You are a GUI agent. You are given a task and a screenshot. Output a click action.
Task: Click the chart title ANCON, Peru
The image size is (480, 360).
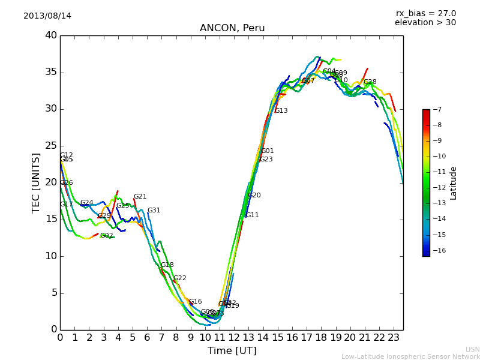pyautogui.click(x=232, y=28)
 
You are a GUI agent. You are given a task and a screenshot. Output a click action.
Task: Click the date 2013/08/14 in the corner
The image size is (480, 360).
pyautogui.click(x=47, y=16)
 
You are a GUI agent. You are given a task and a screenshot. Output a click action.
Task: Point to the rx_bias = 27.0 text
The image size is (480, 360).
pyautogui.click(x=425, y=14)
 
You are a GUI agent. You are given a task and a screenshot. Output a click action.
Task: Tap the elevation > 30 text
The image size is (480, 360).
pyautogui.click(x=425, y=23)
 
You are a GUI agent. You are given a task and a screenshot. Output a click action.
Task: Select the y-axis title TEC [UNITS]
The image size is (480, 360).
pyautogui.click(x=36, y=182)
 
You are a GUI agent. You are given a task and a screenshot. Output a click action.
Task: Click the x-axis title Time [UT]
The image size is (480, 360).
pyautogui.click(x=232, y=350)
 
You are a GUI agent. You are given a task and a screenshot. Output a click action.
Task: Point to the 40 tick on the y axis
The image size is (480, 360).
pyautogui.click(x=51, y=35)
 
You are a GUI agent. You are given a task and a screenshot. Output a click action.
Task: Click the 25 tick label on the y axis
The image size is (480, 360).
pyautogui.click(x=51, y=146)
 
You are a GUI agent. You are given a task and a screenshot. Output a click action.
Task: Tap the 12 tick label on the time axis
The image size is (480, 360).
pyautogui.click(x=234, y=337)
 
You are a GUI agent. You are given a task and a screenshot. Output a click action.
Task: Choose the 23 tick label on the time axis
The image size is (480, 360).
pyautogui.click(x=394, y=337)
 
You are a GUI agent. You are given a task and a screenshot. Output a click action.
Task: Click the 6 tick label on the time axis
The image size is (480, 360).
pyautogui.click(x=147, y=337)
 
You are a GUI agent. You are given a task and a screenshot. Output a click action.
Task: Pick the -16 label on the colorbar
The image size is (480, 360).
pyautogui.click(x=439, y=250)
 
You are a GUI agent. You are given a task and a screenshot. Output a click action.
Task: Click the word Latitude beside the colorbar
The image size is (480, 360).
pyautogui.click(x=454, y=183)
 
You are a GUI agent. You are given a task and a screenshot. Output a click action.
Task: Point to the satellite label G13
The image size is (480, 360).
pyautogui.click(x=281, y=111)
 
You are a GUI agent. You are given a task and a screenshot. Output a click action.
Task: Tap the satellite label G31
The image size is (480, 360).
pyautogui.click(x=154, y=211)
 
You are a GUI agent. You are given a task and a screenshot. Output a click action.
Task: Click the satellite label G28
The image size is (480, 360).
pyautogui.click(x=370, y=82)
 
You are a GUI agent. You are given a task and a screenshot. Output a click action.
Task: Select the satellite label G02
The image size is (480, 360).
pyautogui.click(x=107, y=236)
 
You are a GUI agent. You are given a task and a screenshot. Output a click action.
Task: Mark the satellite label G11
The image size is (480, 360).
pyautogui.click(x=252, y=215)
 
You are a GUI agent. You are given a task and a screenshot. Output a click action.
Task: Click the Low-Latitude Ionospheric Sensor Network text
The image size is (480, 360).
pyautogui.click(x=410, y=356)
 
